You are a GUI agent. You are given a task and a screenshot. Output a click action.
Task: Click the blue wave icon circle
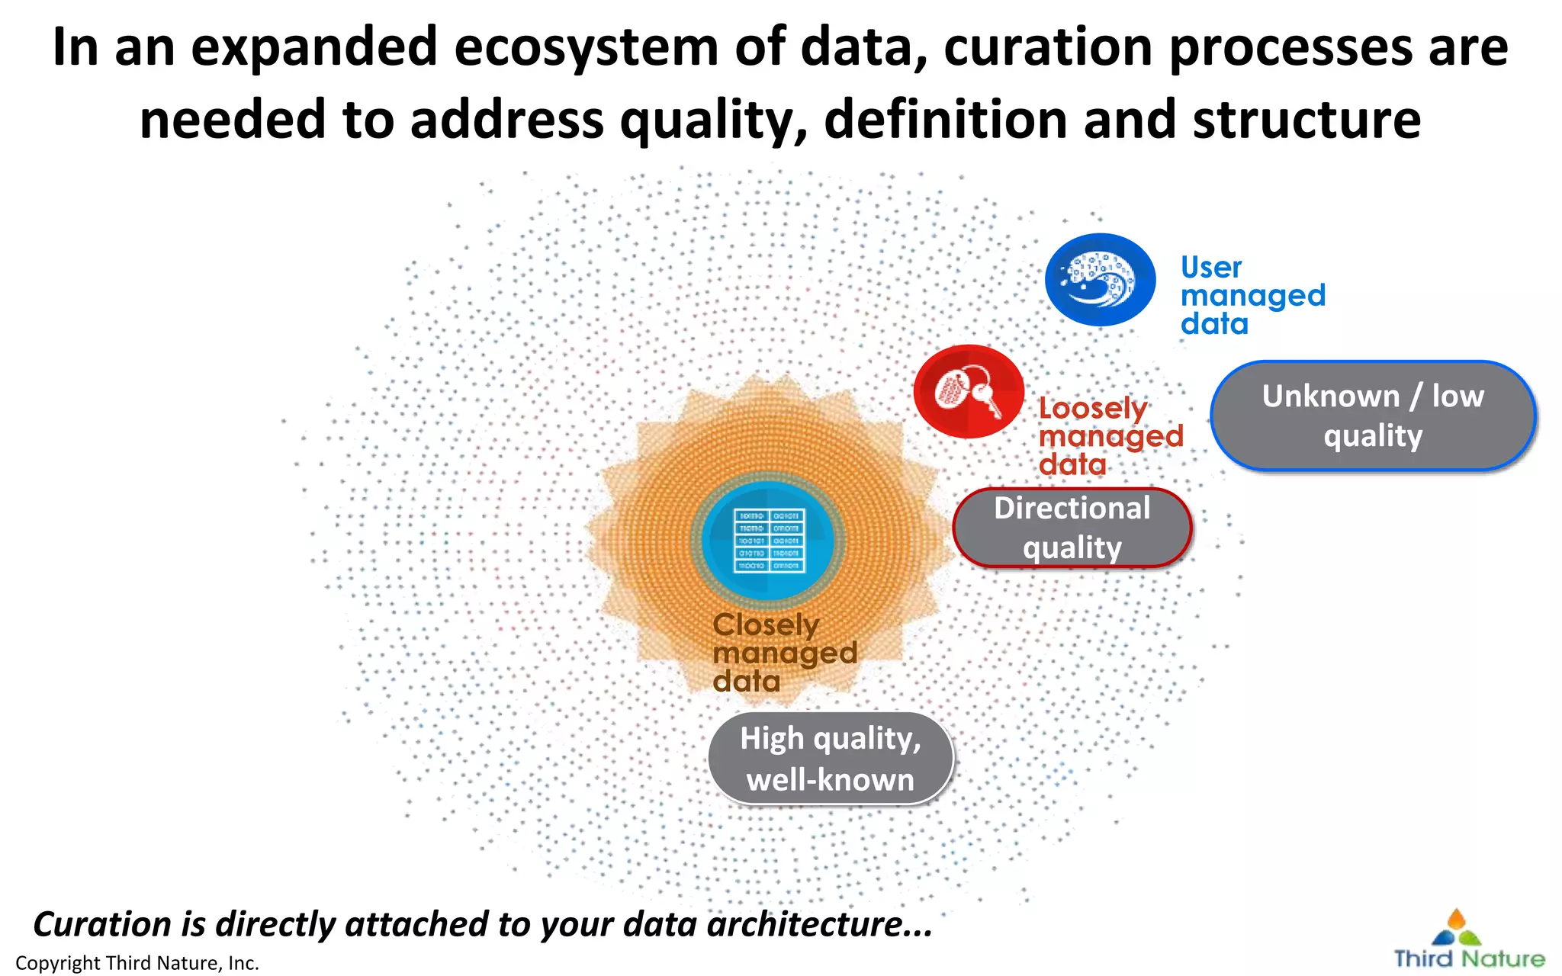pyautogui.click(x=1100, y=280)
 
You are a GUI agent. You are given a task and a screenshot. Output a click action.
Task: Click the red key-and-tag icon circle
pyautogui.click(x=969, y=392)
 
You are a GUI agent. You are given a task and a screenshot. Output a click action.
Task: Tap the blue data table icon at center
pyautogui.click(x=769, y=541)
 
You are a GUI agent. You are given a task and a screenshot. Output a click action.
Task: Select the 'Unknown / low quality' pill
pyautogui.click(x=1372, y=416)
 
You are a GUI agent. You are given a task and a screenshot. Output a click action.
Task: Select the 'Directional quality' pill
pyautogui.click(x=1072, y=528)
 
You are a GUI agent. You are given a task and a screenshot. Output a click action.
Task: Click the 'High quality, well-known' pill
pyautogui.click(x=830, y=759)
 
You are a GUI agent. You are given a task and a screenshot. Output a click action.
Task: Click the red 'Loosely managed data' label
pyautogui.click(x=1109, y=436)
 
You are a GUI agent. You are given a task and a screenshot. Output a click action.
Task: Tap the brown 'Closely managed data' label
pyautogui.click(x=783, y=653)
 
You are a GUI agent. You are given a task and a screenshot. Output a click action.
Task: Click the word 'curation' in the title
pyautogui.click(x=1049, y=47)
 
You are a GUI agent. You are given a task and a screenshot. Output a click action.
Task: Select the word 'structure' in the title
pyautogui.click(x=1306, y=120)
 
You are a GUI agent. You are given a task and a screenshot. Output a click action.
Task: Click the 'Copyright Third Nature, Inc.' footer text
pyautogui.click(x=137, y=963)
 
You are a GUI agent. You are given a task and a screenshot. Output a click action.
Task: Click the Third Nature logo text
pyautogui.click(x=1469, y=958)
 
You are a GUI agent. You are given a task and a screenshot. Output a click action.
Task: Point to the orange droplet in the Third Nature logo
pyautogui.click(x=1456, y=918)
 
